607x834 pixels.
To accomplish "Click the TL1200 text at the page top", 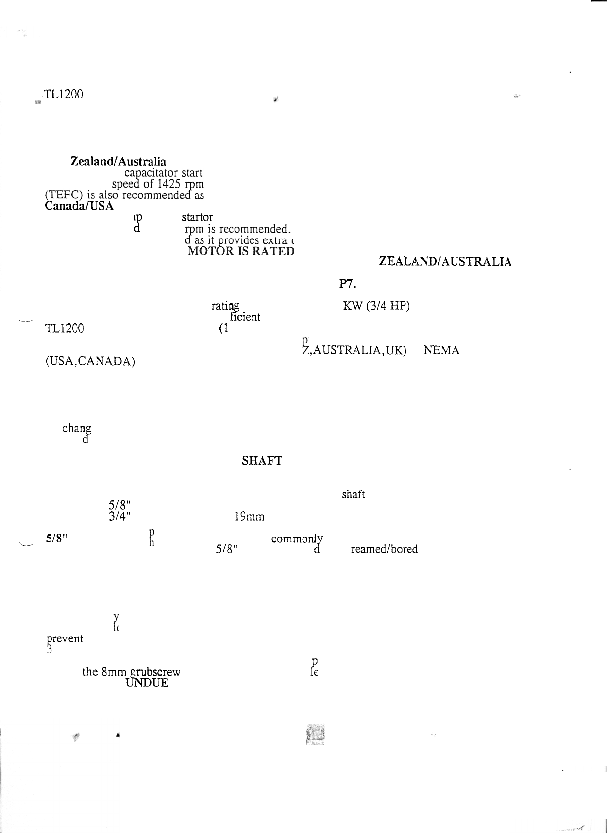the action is pos(63,94).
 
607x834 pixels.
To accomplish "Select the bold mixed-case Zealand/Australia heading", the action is pos(118,161).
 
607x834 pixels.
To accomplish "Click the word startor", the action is pos(198,217).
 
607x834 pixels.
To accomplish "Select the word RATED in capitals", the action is pos(273,251).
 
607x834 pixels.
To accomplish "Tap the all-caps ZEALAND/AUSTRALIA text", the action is pos(445,262).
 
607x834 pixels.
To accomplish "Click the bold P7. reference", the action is pos(348,284).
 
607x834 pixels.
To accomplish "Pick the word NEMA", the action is pos(442,350).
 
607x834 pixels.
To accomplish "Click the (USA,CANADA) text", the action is pos(90,361).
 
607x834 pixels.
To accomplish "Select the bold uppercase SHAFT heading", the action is pos(262,461).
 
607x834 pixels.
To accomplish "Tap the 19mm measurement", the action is pos(250,517).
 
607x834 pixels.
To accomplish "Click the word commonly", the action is pos(297,539).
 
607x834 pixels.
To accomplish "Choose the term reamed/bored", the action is pos(384,549).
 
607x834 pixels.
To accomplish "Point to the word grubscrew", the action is pos(155,672).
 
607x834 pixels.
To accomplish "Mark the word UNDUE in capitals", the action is pos(147,683).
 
